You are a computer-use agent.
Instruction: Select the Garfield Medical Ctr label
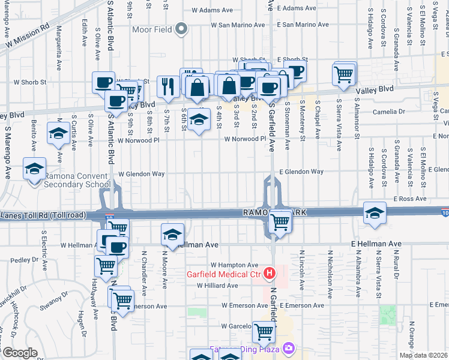pos(224,275)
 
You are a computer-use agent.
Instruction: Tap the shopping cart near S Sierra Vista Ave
pos(343,74)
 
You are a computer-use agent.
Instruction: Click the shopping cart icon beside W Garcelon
pos(264,331)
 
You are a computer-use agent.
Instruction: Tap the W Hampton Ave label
pos(234,265)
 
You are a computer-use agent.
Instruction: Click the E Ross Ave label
pos(410,199)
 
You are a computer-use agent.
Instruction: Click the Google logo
pos(19,353)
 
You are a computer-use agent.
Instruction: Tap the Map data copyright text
pos(424,355)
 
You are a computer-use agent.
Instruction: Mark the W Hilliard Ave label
pos(218,286)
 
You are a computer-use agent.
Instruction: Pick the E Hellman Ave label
pos(376,244)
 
